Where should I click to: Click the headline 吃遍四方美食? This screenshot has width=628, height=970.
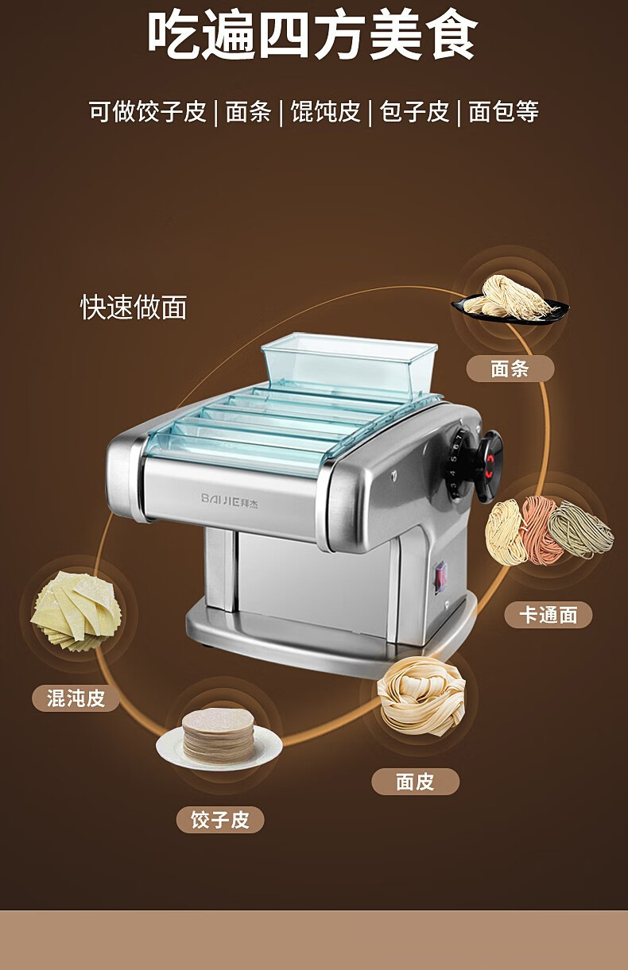313,37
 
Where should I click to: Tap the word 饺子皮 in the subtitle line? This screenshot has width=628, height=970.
171,112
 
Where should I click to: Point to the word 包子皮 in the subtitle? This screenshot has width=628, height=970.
414,112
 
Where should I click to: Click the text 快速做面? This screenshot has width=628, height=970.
134,307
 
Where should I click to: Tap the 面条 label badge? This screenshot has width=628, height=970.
510,369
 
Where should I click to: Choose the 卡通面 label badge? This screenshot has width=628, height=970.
549,614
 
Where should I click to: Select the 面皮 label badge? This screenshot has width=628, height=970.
415,782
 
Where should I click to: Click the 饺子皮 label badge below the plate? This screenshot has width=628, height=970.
220,819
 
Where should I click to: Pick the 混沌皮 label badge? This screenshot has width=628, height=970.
76,698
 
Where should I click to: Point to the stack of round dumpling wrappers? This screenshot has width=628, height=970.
218,735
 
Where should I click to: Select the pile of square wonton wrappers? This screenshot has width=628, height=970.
76,609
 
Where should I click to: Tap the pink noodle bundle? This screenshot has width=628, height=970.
540,529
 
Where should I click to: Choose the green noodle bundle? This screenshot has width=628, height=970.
581,528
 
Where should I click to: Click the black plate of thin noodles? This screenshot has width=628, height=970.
509,300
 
